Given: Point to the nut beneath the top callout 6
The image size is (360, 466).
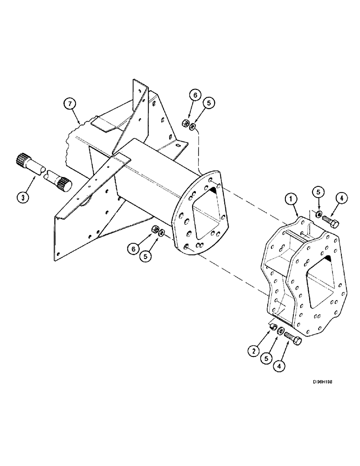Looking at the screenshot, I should click(x=185, y=124).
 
